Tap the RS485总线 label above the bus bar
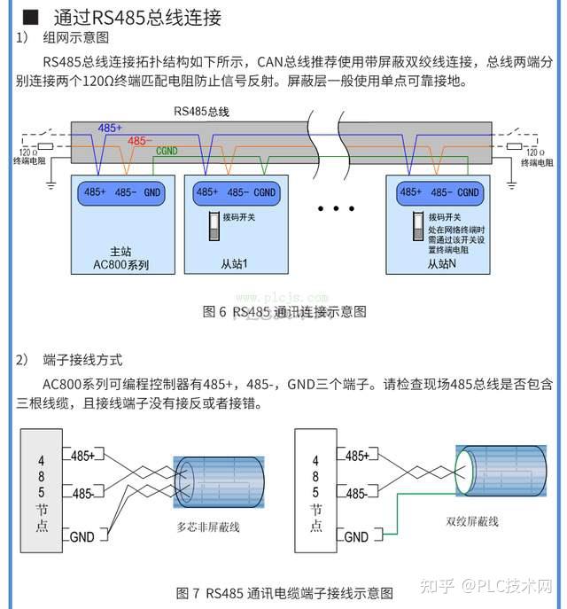(201, 111)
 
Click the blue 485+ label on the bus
(110, 129)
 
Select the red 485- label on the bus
(139, 141)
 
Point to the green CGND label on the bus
(166, 152)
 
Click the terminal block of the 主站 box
(121, 191)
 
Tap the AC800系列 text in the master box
(121, 264)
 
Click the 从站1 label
(234, 264)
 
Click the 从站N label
(441, 264)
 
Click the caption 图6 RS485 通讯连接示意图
(283, 311)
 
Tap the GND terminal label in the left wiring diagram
(82, 536)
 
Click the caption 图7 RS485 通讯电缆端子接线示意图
(283, 592)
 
